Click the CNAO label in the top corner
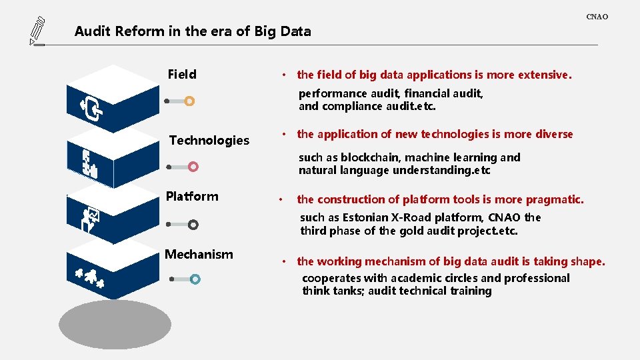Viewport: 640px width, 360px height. (x=597, y=17)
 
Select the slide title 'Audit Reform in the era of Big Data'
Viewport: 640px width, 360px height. (x=193, y=31)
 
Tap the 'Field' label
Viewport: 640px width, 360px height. (x=182, y=75)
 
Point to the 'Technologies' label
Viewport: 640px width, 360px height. (x=209, y=140)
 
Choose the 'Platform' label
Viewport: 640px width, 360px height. (x=192, y=196)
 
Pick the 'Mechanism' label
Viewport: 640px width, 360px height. (x=199, y=254)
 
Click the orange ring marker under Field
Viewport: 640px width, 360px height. (x=189, y=101)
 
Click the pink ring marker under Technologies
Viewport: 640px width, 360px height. (x=193, y=167)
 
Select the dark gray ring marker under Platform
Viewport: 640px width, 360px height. (x=193, y=225)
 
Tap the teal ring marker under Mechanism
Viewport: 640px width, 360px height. (x=194, y=279)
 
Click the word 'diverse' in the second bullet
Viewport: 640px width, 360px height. (x=553, y=134)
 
